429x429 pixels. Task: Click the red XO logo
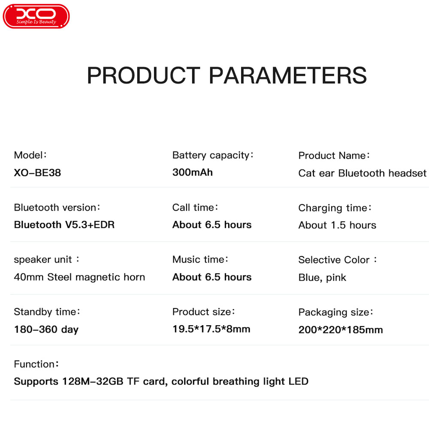click(36, 16)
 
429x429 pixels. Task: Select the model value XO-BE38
click(37, 172)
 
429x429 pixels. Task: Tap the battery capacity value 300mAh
click(192, 172)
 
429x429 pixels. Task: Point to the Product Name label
click(334, 155)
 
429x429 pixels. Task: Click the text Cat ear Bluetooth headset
click(362, 173)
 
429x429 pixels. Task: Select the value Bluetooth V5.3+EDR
click(64, 225)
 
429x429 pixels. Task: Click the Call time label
click(195, 207)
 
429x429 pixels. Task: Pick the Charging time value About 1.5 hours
click(337, 225)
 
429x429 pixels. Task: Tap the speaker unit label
click(46, 260)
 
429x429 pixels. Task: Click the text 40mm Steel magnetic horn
click(79, 277)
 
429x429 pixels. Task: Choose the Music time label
click(200, 260)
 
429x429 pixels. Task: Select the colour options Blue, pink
click(322, 278)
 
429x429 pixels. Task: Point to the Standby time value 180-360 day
click(46, 329)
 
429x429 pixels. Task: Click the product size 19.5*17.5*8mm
click(211, 329)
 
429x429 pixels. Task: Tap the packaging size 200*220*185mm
click(340, 329)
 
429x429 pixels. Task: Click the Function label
click(36, 364)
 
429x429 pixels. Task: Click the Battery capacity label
click(213, 155)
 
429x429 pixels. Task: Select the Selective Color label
click(337, 260)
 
